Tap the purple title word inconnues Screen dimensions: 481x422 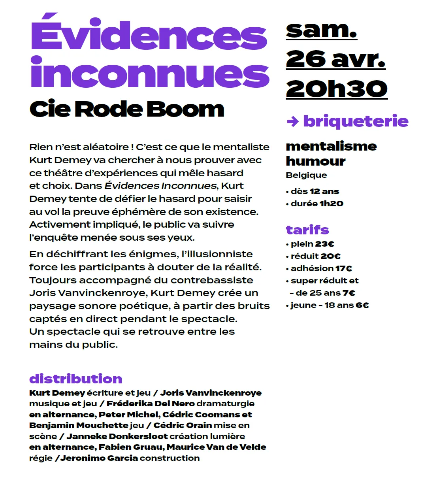[150, 73]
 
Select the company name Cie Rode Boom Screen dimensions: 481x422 [127, 109]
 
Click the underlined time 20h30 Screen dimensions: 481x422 [337, 89]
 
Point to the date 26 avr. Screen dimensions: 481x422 [335, 59]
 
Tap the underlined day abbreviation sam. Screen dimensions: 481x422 [321, 30]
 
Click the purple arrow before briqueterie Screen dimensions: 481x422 [292, 121]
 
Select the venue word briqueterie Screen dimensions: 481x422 [356, 121]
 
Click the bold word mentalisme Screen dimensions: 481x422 [331, 146]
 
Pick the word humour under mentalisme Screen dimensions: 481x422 [316, 161]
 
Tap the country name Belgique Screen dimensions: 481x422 [306, 175]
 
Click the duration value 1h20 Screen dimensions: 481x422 [332, 204]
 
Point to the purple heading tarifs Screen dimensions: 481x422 [307, 230]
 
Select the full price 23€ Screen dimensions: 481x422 [325, 244]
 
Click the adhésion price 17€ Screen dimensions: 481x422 [344, 268]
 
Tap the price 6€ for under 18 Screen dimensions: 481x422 [362, 305]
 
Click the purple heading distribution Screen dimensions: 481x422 [75, 379]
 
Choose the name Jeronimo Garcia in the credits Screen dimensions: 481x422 [99, 458]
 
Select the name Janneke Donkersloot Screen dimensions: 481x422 [117, 436]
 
